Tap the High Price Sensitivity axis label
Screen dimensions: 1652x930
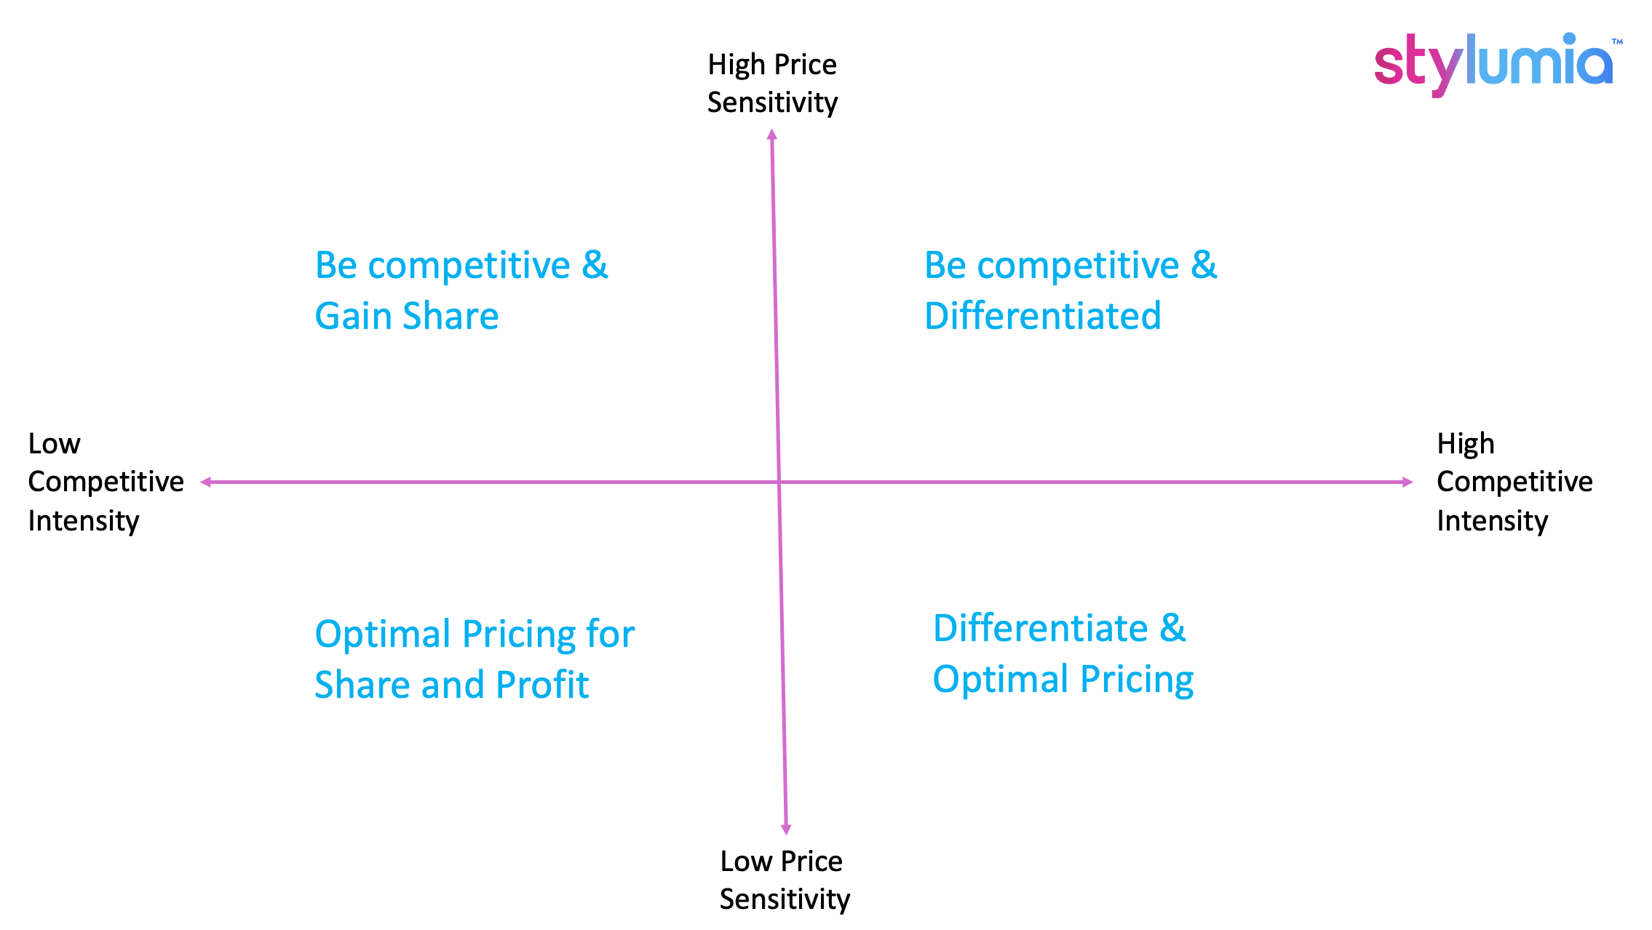tap(772, 84)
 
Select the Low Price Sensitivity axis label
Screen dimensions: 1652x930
tap(785, 881)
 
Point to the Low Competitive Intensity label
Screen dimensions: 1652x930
tap(106, 482)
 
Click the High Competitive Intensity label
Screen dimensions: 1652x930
tap(1514, 482)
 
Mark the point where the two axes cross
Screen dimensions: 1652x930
tap(779, 482)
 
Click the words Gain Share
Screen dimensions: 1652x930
tap(407, 317)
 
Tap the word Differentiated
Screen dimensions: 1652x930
tap(1042, 317)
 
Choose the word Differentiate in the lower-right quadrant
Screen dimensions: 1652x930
tap(1041, 628)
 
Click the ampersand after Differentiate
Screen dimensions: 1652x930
tap(1172, 628)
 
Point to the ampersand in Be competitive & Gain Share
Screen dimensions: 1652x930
tap(595, 265)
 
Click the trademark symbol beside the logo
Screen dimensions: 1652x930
tap(1617, 41)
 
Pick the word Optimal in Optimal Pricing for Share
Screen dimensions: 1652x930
tap(384, 634)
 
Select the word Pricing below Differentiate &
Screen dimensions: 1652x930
tap(1137, 680)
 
